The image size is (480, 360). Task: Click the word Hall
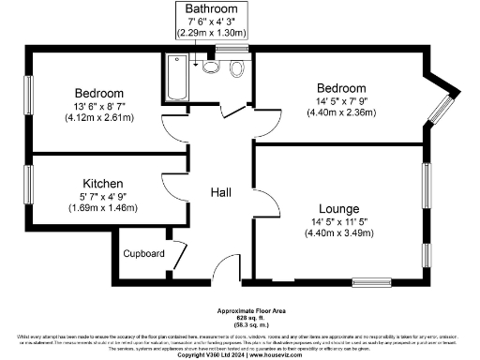point(221,192)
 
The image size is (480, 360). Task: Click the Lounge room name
point(337,207)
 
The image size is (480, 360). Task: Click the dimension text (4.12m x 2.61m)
point(99,118)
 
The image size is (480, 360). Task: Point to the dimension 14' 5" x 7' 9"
point(339,100)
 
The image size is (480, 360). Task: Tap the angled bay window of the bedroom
point(441,109)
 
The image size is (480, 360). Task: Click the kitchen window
point(27,185)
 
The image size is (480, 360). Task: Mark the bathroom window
point(230,47)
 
